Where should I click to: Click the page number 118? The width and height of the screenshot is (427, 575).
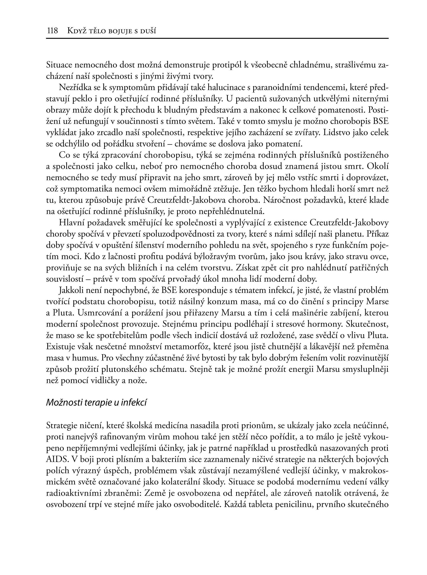(x=52, y=31)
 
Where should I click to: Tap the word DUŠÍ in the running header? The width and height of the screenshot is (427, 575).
(x=148, y=31)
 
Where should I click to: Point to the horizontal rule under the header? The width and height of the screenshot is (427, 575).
(x=217, y=39)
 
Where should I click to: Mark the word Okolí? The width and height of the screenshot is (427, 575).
(x=378, y=167)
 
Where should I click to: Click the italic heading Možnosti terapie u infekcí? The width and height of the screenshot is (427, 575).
(x=96, y=403)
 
